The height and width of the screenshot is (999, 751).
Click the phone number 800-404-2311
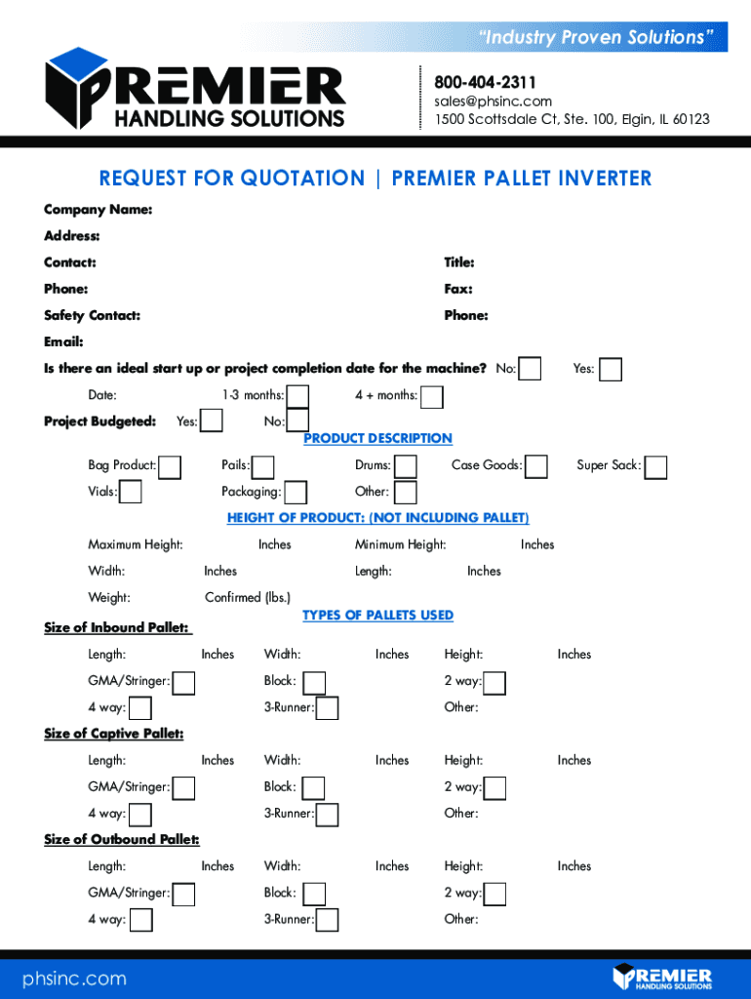pyautogui.click(x=485, y=83)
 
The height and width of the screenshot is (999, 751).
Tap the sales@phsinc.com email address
pyautogui.click(x=494, y=101)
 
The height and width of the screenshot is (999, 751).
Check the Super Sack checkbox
pyautogui.click(x=656, y=467)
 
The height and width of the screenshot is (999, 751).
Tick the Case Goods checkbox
pyautogui.click(x=535, y=467)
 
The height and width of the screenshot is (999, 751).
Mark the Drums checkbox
pyautogui.click(x=406, y=467)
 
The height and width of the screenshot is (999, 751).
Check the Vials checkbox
pyautogui.click(x=130, y=493)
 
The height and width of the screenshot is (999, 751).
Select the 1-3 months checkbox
pyautogui.click(x=297, y=396)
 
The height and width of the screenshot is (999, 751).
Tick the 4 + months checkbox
pyautogui.click(x=431, y=397)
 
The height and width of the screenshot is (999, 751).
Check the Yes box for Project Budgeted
pyautogui.click(x=211, y=420)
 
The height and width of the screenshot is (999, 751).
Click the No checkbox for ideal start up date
pyautogui.click(x=531, y=369)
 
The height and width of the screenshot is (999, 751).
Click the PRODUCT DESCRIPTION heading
pyautogui.click(x=378, y=439)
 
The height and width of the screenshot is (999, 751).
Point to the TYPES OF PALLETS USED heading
pyautogui.click(x=378, y=616)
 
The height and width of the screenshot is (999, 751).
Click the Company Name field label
pyautogui.click(x=98, y=210)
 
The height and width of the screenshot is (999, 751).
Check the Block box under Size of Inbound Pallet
pyautogui.click(x=314, y=683)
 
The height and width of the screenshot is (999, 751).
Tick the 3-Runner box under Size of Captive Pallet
pyautogui.click(x=327, y=815)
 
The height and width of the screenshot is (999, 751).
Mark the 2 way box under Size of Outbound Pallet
pyautogui.click(x=495, y=894)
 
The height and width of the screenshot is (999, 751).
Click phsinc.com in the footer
pyautogui.click(x=74, y=979)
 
